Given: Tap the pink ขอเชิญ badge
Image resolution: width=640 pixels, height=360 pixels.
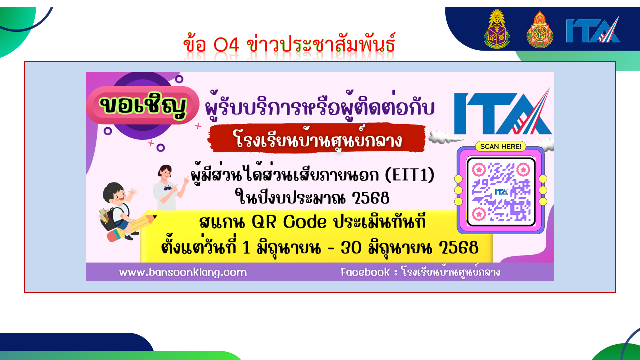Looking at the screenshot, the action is (143, 105).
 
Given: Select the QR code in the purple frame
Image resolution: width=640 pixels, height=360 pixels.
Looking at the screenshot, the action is (501, 192).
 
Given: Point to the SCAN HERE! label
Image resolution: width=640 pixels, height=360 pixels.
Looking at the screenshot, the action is (501, 146).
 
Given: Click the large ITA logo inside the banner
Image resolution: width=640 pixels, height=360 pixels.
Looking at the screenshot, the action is (503, 112).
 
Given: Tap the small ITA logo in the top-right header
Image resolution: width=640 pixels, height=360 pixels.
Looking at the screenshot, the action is (593, 30).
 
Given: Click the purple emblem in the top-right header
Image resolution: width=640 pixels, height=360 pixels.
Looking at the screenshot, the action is (497, 29).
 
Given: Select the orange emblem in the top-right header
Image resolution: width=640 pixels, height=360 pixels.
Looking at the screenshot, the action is (540, 29).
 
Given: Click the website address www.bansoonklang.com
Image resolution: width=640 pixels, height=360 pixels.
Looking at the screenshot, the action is (183, 272).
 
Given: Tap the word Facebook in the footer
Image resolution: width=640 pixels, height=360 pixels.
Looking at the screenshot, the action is (365, 272).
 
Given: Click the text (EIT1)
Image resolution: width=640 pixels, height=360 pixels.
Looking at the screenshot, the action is (410, 175).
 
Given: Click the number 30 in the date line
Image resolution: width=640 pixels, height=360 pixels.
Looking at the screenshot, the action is (351, 248).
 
